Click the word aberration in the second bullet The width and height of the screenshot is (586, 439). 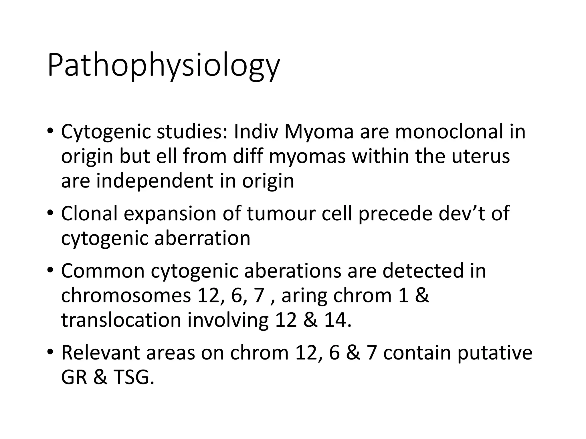click(x=202, y=238)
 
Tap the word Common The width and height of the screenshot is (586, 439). click(x=103, y=271)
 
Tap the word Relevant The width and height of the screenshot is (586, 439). click(x=100, y=353)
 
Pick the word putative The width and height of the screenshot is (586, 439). click(x=494, y=353)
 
